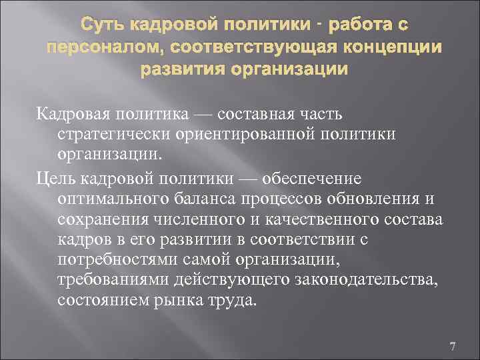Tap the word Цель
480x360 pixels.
point(55,179)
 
